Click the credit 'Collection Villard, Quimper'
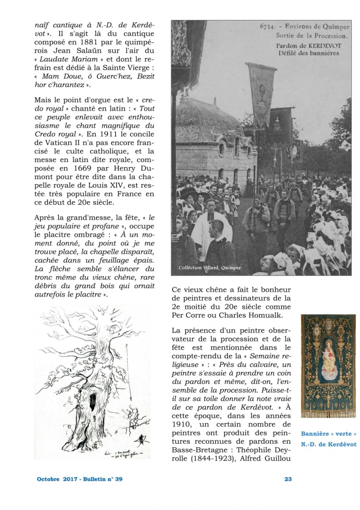209,268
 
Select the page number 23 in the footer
288,479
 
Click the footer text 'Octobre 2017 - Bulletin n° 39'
80,479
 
